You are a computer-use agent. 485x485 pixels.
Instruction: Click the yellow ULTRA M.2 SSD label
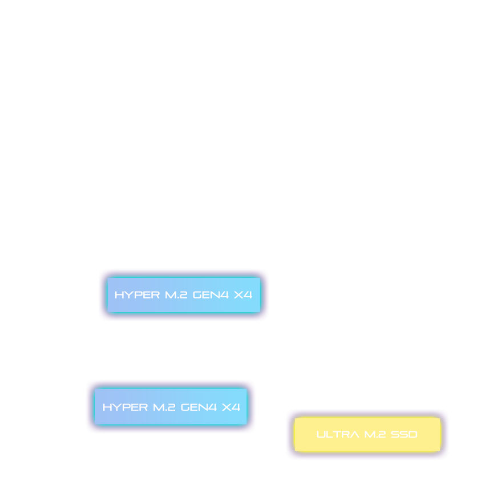pyautogui.click(x=367, y=434)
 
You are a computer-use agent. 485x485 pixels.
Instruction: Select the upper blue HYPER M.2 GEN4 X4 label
pyautogui.click(x=184, y=295)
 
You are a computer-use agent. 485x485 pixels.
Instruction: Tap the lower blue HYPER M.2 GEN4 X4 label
pyautogui.click(x=171, y=407)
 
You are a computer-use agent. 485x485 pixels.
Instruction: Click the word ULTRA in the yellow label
pyautogui.click(x=338, y=434)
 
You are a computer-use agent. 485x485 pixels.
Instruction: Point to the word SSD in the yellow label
pyautogui.click(x=404, y=434)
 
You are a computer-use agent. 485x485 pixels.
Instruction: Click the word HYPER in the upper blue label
pyautogui.click(x=137, y=295)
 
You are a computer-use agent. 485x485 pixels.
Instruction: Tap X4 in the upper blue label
pyautogui.click(x=243, y=295)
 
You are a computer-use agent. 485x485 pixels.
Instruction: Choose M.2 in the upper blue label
pyautogui.click(x=176, y=295)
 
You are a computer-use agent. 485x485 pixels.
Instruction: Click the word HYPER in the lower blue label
pyautogui.click(x=126, y=407)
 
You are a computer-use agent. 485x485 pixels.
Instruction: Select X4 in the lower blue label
pyautogui.click(x=231, y=407)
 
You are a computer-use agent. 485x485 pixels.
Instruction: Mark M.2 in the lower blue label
pyautogui.click(x=164, y=407)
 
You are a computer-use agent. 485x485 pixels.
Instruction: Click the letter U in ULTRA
pyautogui.click(x=321, y=434)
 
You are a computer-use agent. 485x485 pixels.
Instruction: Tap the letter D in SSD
pyautogui.click(x=413, y=434)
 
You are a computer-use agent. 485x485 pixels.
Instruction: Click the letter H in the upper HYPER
pyautogui.click(x=119, y=295)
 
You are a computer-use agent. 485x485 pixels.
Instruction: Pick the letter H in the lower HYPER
pyautogui.click(x=107, y=407)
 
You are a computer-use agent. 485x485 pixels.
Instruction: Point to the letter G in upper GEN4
pyautogui.click(x=197, y=295)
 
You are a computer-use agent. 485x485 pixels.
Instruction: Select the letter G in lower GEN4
pyautogui.click(x=185, y=407)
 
